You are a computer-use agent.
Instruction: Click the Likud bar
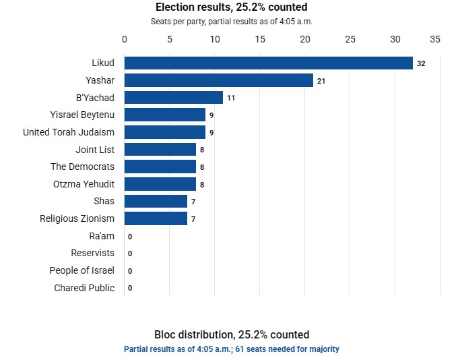(269, 63)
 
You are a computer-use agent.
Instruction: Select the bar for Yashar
(219, 80)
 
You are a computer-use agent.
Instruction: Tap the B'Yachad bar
(174, 98)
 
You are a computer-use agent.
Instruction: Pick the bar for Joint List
(160, 150)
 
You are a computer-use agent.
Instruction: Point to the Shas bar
(156, 201)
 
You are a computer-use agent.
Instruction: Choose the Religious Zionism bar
(156, 218)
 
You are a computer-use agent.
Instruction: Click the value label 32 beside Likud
(421, 63)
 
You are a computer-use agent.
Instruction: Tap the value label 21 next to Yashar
(321, 81)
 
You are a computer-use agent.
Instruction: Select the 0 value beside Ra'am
(130, 237)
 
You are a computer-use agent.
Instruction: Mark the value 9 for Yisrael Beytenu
(211, 115)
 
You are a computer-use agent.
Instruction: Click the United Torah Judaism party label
(69, 132)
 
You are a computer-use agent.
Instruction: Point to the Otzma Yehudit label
(84, 184)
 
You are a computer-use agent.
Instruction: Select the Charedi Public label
(84, 288)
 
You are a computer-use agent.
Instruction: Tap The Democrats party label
(82, 167)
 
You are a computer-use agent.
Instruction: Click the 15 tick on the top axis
(260, 39)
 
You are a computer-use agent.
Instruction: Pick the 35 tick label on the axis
(435, 39)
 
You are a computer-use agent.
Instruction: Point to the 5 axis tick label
(170, 39)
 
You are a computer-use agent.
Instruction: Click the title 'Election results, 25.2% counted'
(232, 7)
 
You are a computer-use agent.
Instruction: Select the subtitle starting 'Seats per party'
(232, 22)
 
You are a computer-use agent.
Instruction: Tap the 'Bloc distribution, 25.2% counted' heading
(232, 334)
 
